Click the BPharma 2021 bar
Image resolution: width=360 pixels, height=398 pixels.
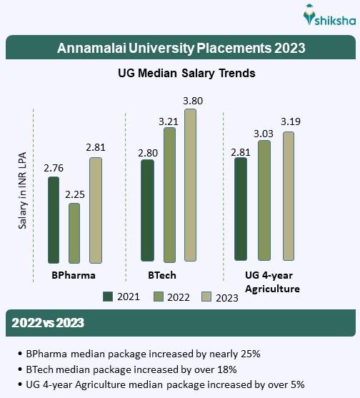point(53,219)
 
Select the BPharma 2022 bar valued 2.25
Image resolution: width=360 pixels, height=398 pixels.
point(74,233)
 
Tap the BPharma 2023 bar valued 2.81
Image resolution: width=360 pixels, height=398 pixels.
point(96,210)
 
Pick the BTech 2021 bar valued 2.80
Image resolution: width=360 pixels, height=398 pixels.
point(147,210)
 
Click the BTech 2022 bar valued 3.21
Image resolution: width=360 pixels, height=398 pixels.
point(169,194)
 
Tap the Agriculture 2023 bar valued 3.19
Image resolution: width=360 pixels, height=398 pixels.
point(288,196)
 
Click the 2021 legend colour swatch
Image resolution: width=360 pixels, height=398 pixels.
point(109,297)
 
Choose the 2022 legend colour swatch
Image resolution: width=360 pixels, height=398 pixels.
point(159,297)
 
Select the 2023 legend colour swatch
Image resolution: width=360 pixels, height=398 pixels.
point(208,297)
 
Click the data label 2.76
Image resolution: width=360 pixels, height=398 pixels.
point(54,169)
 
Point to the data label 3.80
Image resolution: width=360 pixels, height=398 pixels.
point(193,101)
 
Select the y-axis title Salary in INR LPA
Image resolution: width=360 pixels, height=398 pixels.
point(23,194)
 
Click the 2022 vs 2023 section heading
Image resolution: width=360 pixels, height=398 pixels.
point(48,323)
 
